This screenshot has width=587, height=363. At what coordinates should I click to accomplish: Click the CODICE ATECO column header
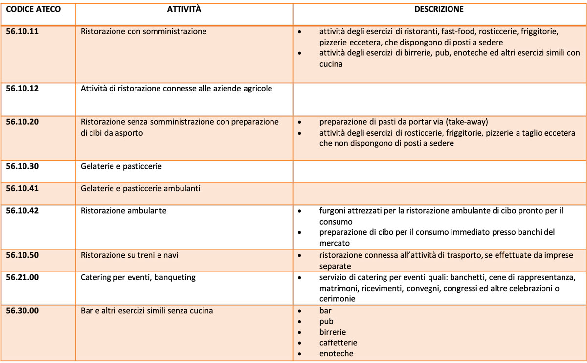click(x=33, y=9)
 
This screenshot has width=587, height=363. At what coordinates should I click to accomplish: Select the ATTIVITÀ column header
click(x=184, y=9)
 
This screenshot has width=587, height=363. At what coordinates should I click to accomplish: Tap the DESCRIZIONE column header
click(x=439, y=9)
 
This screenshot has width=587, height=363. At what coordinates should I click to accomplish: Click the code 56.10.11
click(x=23, y=31)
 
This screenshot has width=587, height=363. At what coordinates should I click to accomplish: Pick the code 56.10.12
click(x=23, y=89)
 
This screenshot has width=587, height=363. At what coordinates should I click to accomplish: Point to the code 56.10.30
click(x=23, y=166)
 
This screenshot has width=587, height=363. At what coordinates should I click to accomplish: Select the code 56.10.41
click(x=23, y=188)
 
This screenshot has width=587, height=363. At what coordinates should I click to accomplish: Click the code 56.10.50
click(x=23, y=255)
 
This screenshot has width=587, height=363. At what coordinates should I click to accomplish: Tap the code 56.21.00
click(x=23, y=277)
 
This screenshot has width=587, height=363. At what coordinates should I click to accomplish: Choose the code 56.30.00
click(x=23, y=311)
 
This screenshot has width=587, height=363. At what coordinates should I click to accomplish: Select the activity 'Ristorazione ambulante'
click(x=123, y=211)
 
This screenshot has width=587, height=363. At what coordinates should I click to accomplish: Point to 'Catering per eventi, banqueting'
click(x=138, y=277)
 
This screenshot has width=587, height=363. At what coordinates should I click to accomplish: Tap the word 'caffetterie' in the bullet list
click(x=338, y=343)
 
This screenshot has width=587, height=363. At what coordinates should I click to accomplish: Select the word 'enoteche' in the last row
click(x=336, y=354)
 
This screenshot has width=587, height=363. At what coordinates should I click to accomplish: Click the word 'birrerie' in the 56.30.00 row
click(x=333, y=332)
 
